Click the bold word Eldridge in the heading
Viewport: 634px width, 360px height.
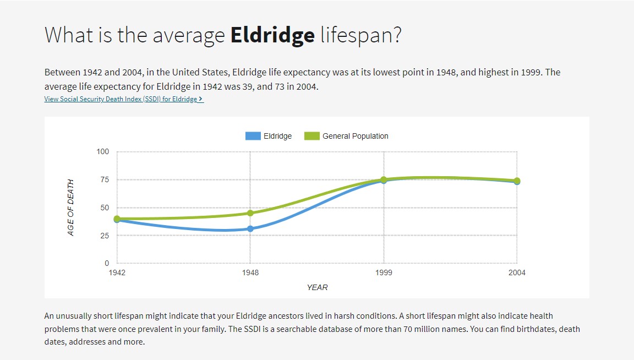coord(272,35)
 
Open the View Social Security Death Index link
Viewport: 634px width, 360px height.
coord(124,99)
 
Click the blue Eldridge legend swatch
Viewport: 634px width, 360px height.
coord(253,136)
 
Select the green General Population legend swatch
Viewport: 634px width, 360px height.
coord(311,136)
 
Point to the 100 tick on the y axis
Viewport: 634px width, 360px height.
coord(103,151)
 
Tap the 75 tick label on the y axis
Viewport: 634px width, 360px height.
coord(105,179)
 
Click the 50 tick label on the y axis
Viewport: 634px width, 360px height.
coord(105,208)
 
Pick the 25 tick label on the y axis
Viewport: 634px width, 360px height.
coord(105,236)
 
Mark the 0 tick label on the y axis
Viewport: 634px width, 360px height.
coord(107,263)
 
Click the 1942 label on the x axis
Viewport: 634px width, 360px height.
coord(117,272)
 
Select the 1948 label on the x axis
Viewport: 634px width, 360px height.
coord(250,272)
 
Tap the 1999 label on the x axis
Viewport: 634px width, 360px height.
coord(384,272)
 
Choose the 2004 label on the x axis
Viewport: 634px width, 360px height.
coord(517,272)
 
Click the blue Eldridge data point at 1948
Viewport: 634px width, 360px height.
coord(250,228)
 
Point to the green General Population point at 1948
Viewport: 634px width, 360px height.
coord(250,213)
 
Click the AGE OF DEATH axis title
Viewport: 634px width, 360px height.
coord(70,208)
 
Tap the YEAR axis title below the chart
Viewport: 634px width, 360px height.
coord(317,287)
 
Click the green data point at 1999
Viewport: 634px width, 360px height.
coord(384,179)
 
